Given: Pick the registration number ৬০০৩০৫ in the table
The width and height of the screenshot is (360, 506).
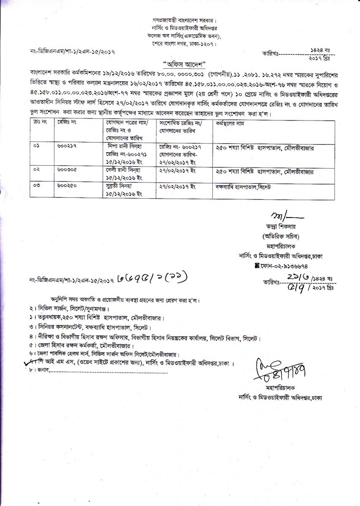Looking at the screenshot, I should point(66,170).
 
